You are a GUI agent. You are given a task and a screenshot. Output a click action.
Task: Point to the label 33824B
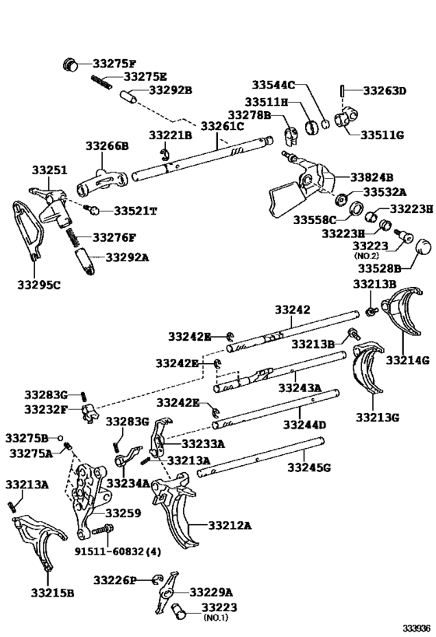[371, 177]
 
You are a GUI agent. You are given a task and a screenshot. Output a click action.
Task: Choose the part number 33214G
[408, 360]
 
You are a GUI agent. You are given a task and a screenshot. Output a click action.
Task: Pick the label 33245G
[309, 467]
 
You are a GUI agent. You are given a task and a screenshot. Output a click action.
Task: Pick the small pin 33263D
[343, 91]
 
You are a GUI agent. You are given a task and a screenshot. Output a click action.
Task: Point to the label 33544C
[273, 84]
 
